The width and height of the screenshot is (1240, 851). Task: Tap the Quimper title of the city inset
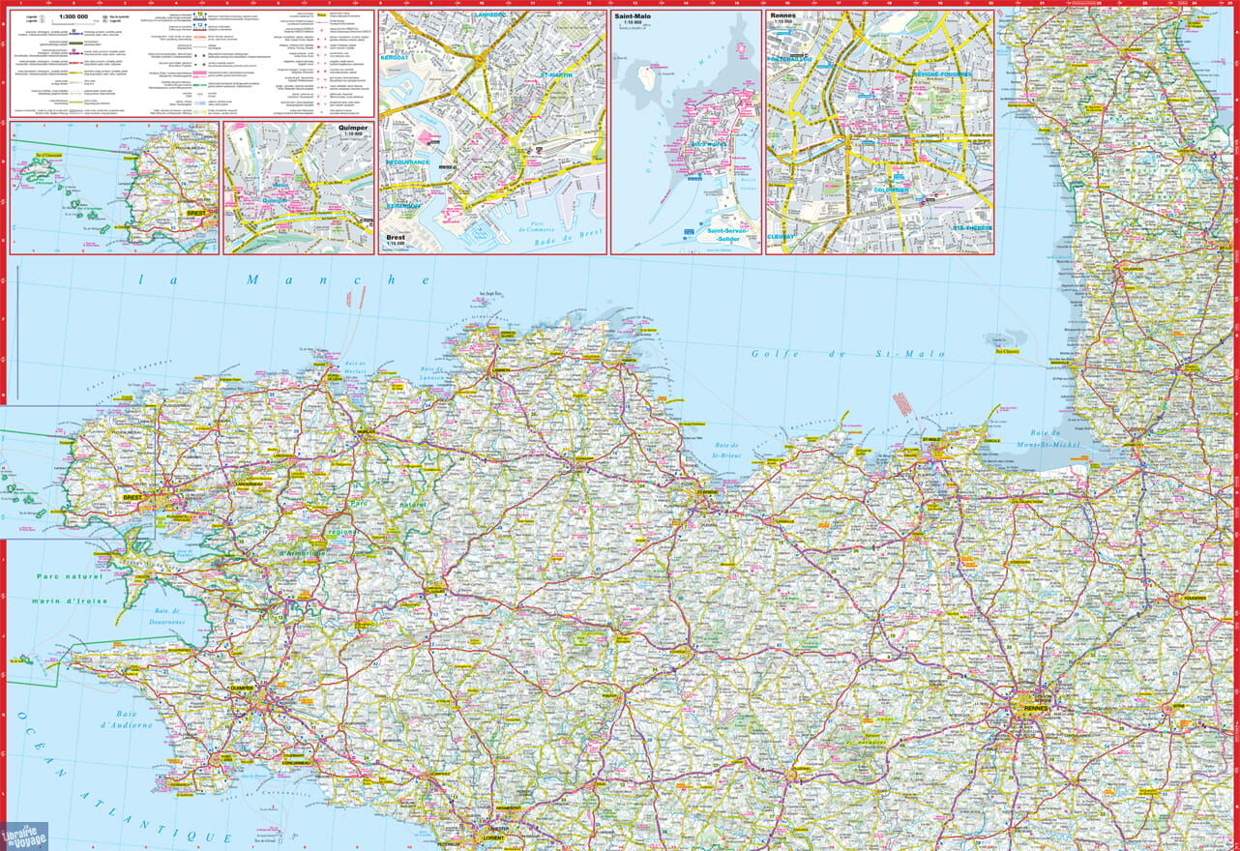pos(353,127)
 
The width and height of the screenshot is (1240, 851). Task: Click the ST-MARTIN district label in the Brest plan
pos(557,74)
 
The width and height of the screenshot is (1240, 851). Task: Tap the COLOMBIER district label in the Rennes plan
pos(887,190)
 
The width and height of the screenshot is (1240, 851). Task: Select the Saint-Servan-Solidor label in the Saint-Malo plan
pos(723,235)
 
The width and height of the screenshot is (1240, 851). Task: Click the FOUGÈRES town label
pos(1191,599)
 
